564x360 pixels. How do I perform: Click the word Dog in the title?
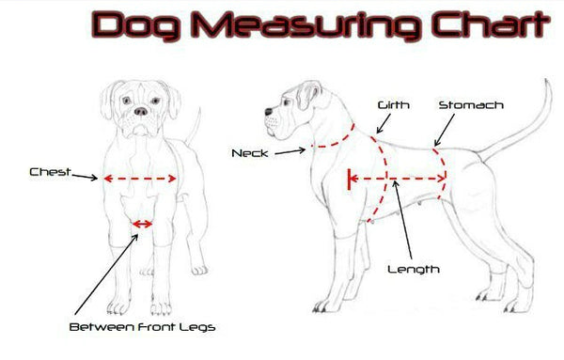click(x=135, y=25)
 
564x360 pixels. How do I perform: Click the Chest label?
click(x=50, y=172)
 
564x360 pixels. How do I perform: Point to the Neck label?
click(x=250, y=153)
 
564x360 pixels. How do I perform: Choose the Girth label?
click(x=394, y=105)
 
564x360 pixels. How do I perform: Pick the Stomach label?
click(x=471, y=105)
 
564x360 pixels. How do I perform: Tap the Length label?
click(x=414, y=270)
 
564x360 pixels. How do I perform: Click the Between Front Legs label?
click(x=143, y=327)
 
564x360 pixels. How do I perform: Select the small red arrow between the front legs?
click(x=143, y=225)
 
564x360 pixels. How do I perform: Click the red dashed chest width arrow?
click(x=140, y=179)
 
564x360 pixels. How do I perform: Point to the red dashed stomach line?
click(x=443, y=173)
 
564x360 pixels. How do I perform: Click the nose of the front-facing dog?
click(x=141, y=111)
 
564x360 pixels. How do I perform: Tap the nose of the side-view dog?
click(x=269, y=112)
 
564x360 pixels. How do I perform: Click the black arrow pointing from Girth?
click(x=384, y=124)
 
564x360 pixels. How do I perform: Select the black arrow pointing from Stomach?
click(x=445, y=131)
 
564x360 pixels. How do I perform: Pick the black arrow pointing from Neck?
click(x=290, y=151)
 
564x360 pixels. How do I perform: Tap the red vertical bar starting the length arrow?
click(x=349, y=179)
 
